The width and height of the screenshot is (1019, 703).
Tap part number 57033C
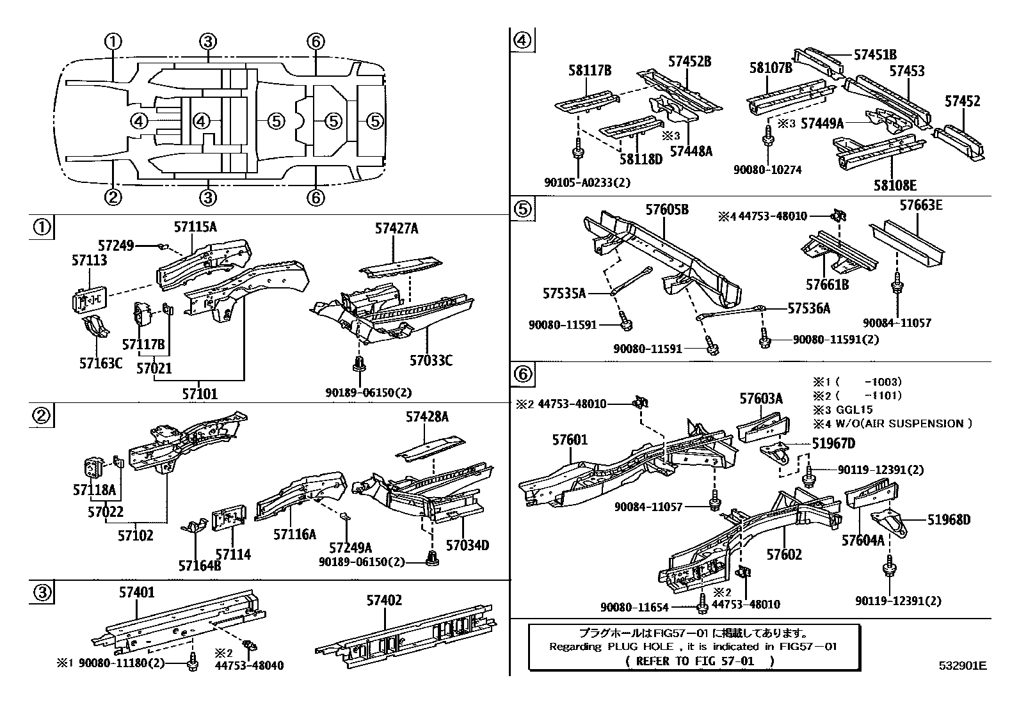[431, 361]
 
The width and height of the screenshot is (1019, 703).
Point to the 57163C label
[100, 363]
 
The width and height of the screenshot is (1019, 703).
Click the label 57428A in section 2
[426, 417]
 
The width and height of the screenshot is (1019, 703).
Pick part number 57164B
[200, 565]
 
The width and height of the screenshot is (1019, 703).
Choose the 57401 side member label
[136, 593]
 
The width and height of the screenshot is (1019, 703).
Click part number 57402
[384, 600]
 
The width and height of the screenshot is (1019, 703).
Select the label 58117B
[590, 70]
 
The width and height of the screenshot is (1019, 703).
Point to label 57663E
[920, 205]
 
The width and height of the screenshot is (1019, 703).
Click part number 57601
[569, 440]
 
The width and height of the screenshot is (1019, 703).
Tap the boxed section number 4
[522, 40]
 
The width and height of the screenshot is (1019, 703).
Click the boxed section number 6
[522, 374]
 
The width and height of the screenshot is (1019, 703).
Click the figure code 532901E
[962, 666]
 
